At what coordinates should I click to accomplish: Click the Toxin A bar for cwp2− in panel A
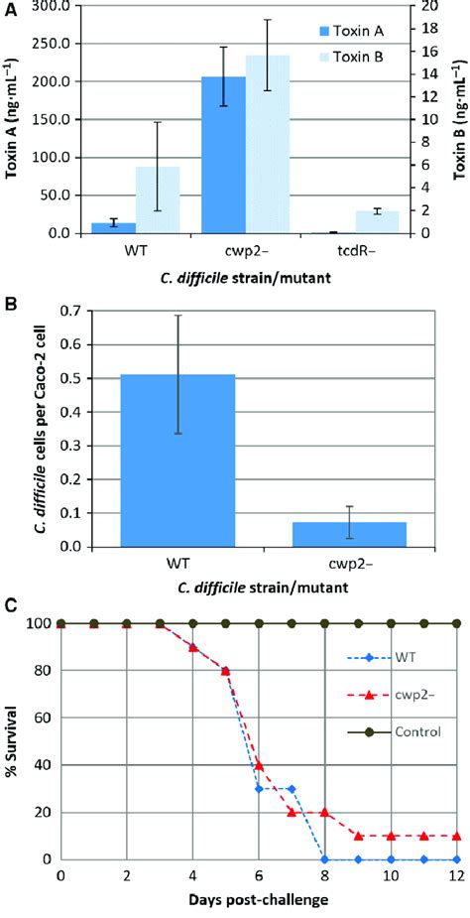[x=224, y=155]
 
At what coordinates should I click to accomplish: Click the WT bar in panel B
[x=177, y=460]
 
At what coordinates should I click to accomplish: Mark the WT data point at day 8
[x=325, y=859]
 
